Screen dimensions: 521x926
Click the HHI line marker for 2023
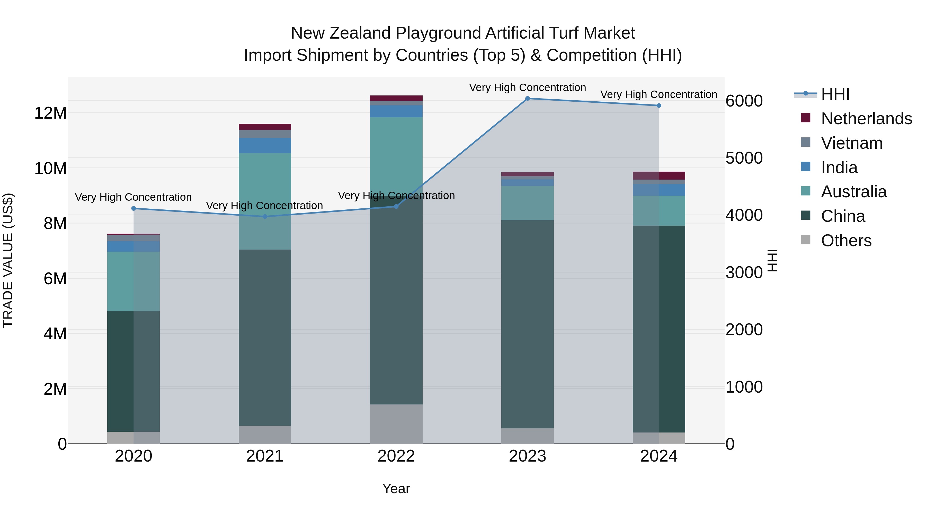coord(527,99)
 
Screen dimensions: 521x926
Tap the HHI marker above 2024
coord(658,106)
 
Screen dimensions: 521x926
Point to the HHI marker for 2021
coord(265,216)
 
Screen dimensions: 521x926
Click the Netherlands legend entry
coord(866,119)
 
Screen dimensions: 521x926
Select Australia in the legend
coord(853,192)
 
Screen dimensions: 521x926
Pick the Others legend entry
coord(846,241)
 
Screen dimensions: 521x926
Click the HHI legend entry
coord(835,94)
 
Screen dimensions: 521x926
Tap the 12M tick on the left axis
coord(50,113)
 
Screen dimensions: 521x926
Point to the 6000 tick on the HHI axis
coord(744,101)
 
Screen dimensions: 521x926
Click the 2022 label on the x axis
coord(396,456)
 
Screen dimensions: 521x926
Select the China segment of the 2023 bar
coord(527,324)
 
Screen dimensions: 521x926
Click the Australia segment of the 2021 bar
coord(265,201)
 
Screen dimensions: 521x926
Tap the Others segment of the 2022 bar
coord(396,424)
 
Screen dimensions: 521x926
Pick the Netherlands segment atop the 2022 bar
coord(396,98)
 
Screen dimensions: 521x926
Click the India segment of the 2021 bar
coord(265,146)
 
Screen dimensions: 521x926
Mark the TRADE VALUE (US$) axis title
coord(8,260)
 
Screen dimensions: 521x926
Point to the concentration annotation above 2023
coord(527,88)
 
